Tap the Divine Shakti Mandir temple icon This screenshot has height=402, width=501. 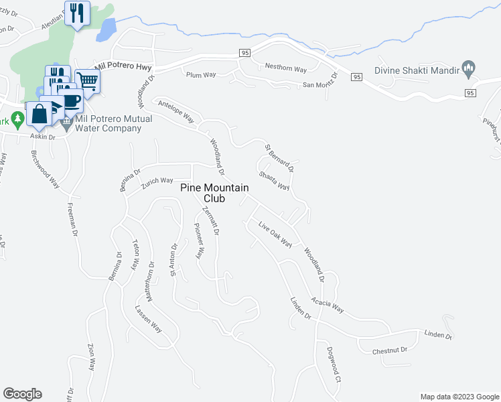[x=469, y=69]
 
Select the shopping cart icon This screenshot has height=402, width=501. [x=88, y=82]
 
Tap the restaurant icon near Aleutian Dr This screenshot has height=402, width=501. [x=77, y=13]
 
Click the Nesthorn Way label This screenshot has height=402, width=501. [x=285, y=68]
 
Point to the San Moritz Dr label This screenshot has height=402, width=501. [x=319, y=84]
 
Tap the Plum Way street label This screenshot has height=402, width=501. [x=201, y=75]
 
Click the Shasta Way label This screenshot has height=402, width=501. [x=275, y=178]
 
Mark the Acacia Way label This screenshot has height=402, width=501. [x=327, y=306]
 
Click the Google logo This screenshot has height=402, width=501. [x=22, y=394]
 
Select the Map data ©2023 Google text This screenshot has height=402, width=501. [x=459, y=397]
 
